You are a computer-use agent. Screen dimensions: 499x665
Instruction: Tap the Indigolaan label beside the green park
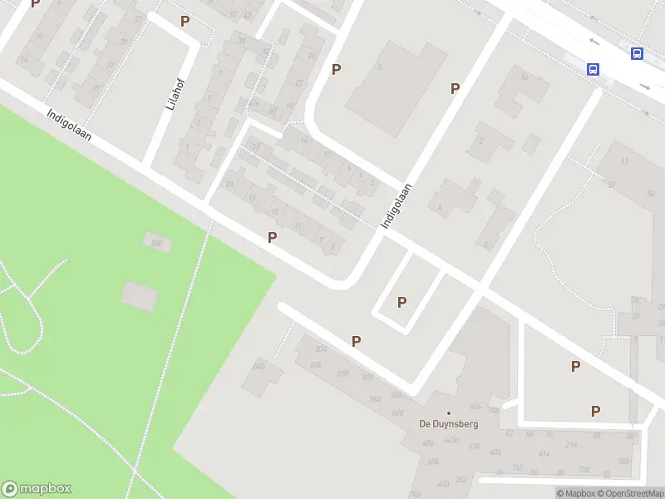[x=68, y=128]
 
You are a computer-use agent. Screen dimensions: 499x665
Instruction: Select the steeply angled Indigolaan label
[x=397, y=206]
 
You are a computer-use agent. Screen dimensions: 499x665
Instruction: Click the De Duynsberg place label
[x=449, y=423]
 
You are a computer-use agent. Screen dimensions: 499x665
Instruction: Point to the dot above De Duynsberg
[x=449, y=413]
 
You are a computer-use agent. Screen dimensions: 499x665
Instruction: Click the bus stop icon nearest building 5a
[x=594, y=70]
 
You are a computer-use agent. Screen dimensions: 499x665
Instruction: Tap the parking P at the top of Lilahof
[x=185, y=21]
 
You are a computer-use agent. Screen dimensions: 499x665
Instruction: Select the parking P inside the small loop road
[x=402, y=302]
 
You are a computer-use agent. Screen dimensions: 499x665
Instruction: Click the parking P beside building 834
[x=356, y=341]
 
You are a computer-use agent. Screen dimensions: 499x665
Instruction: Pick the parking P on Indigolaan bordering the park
[x=272, y=238]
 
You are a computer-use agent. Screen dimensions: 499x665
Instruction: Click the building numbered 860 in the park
[x=156, y=243]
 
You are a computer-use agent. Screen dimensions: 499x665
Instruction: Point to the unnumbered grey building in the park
[x=139, y=295]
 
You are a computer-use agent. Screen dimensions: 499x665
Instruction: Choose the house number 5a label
[x=525, y=77]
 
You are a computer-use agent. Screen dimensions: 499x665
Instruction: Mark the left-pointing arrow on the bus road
[x=592, y=42]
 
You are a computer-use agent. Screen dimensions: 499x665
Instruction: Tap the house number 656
[x=475, y=407]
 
